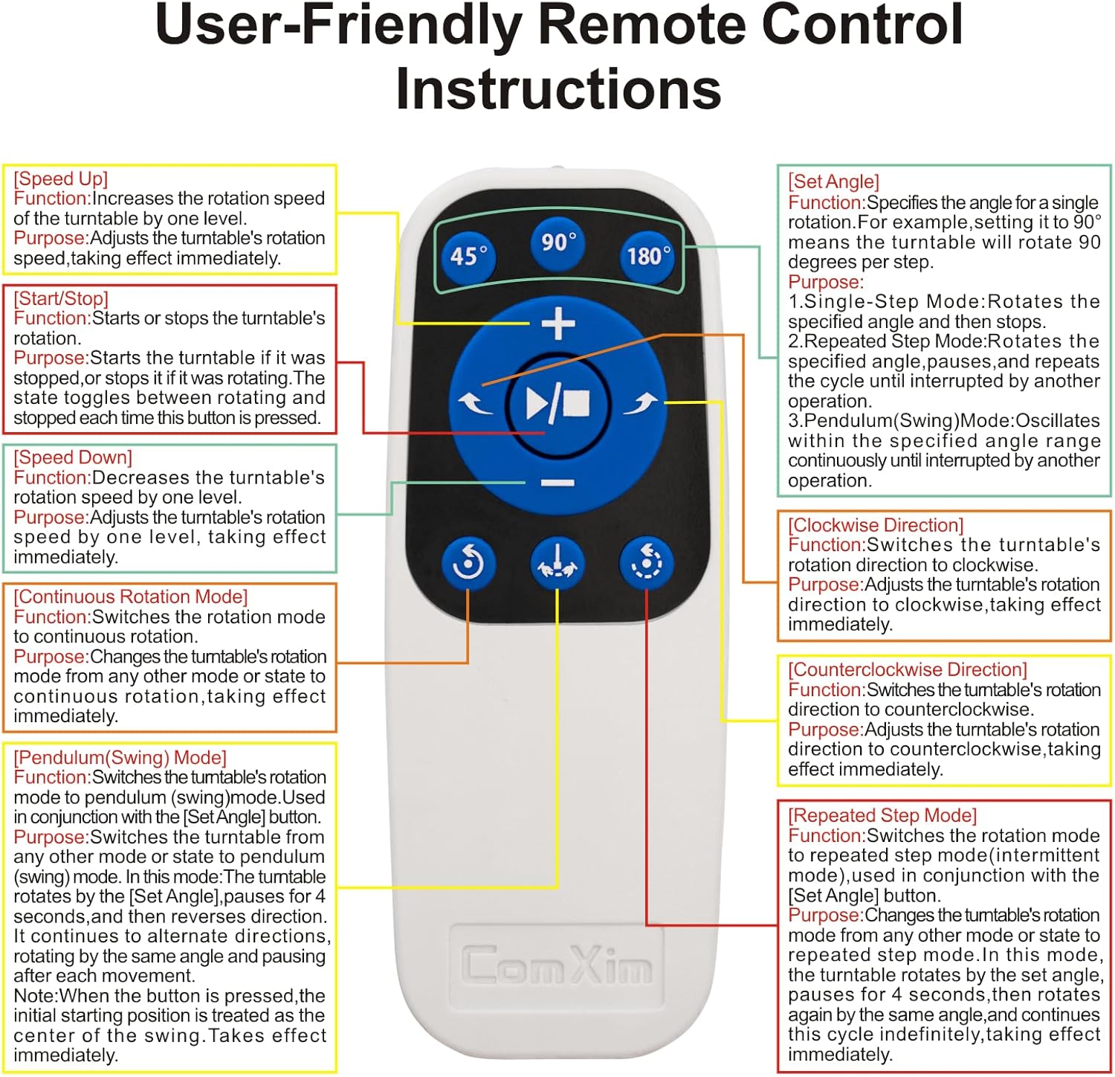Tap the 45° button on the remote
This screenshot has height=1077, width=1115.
(x=469, y=256)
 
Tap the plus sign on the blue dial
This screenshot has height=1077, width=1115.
(x=558, y=325)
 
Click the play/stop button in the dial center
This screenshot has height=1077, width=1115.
(x=557, y=404)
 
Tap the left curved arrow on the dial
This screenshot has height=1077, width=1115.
(x=474, y=404)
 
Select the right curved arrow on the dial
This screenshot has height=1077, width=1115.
(x=640, y=404)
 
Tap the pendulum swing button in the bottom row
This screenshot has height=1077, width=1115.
(x=557, y=562)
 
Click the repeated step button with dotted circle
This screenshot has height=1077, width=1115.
(x=646, y=562)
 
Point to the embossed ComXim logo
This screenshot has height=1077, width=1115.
(x=557, y=965)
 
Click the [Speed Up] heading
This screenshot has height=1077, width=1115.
(x=61, y=179)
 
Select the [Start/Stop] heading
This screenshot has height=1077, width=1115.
(x=61, y=298)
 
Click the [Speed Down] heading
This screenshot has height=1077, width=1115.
(x=73, y=457)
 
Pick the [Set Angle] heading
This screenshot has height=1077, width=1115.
(x=833, y=181)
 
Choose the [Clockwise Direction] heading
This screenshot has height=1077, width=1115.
(x=876, y=525)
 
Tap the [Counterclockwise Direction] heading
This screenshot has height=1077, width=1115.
(x=908, y=669)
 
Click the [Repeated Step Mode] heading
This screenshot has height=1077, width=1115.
(x=882, y=815)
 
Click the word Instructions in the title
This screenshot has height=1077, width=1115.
(x=558, y=89)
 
